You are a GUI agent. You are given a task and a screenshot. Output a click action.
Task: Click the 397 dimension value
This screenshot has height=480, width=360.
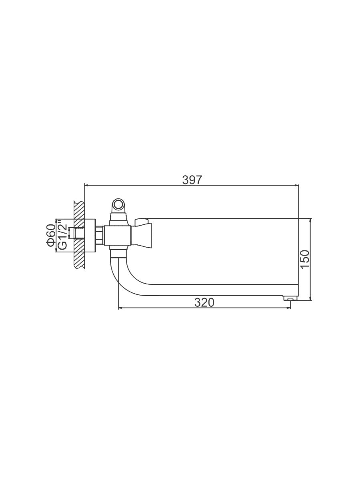click(x=192, y=180)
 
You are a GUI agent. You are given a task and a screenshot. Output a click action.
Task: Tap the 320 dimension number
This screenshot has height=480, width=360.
click(x=204, y=303)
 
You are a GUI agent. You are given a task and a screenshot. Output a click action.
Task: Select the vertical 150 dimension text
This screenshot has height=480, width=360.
click(x=305, y=259)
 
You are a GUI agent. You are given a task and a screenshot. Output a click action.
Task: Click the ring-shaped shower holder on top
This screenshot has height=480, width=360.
click(x=118, y=205)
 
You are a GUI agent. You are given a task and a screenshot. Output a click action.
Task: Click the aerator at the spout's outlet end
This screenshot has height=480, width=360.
click(x=290, y=298)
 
